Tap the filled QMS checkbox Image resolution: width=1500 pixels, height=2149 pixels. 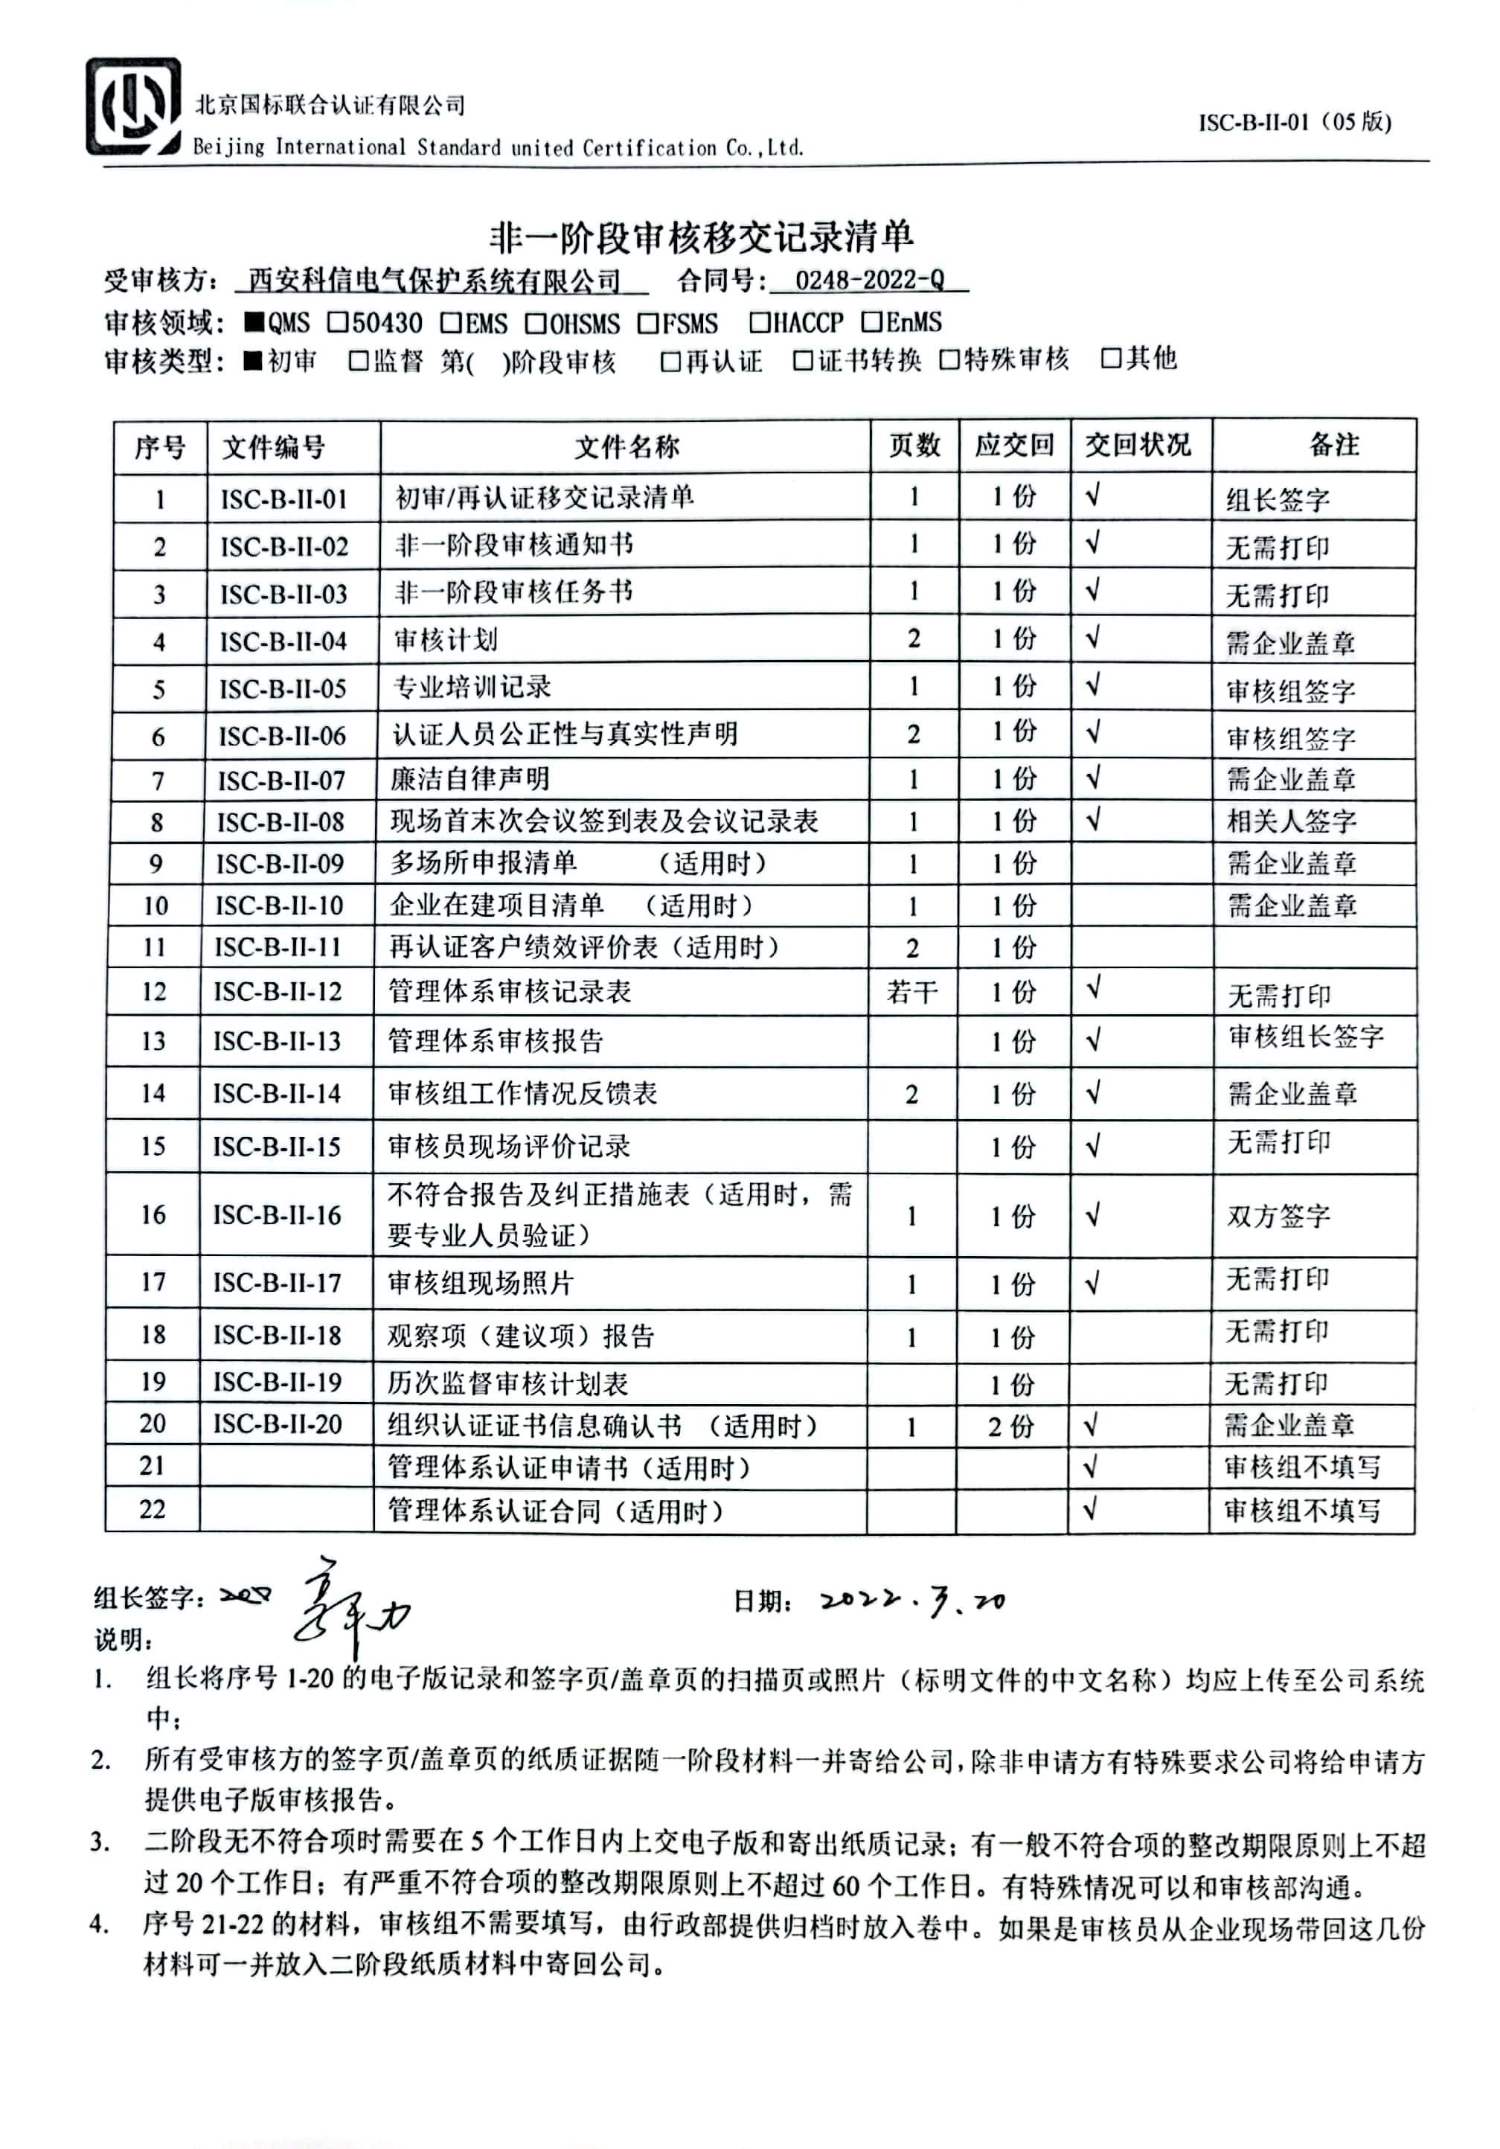(x=254, y=323)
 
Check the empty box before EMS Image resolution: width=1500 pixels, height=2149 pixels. (x=451, y=323)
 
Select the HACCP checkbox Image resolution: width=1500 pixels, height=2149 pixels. (x=759, y=323)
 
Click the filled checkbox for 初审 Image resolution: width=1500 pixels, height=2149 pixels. (x=253, y=362)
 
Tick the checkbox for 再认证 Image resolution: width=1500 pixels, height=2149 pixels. (x=670, y=362)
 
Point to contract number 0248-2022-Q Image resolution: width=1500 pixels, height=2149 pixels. (x=869, y=280)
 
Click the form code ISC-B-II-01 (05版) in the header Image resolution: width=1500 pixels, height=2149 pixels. (x=1294, y=122)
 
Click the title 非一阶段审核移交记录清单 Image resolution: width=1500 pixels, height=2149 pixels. (x=701, y=237)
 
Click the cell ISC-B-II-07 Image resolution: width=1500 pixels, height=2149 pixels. (x=282, y=780)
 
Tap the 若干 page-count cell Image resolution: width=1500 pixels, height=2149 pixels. (x=911, y=991)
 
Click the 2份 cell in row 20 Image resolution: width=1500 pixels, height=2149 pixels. (x=1012, y=1426)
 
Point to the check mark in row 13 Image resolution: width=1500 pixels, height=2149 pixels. (x=1093, y=1040)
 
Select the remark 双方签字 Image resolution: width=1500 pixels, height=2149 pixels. (x=1278, y=1216)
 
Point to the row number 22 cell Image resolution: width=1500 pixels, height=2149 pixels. (x=152, y=1509)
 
